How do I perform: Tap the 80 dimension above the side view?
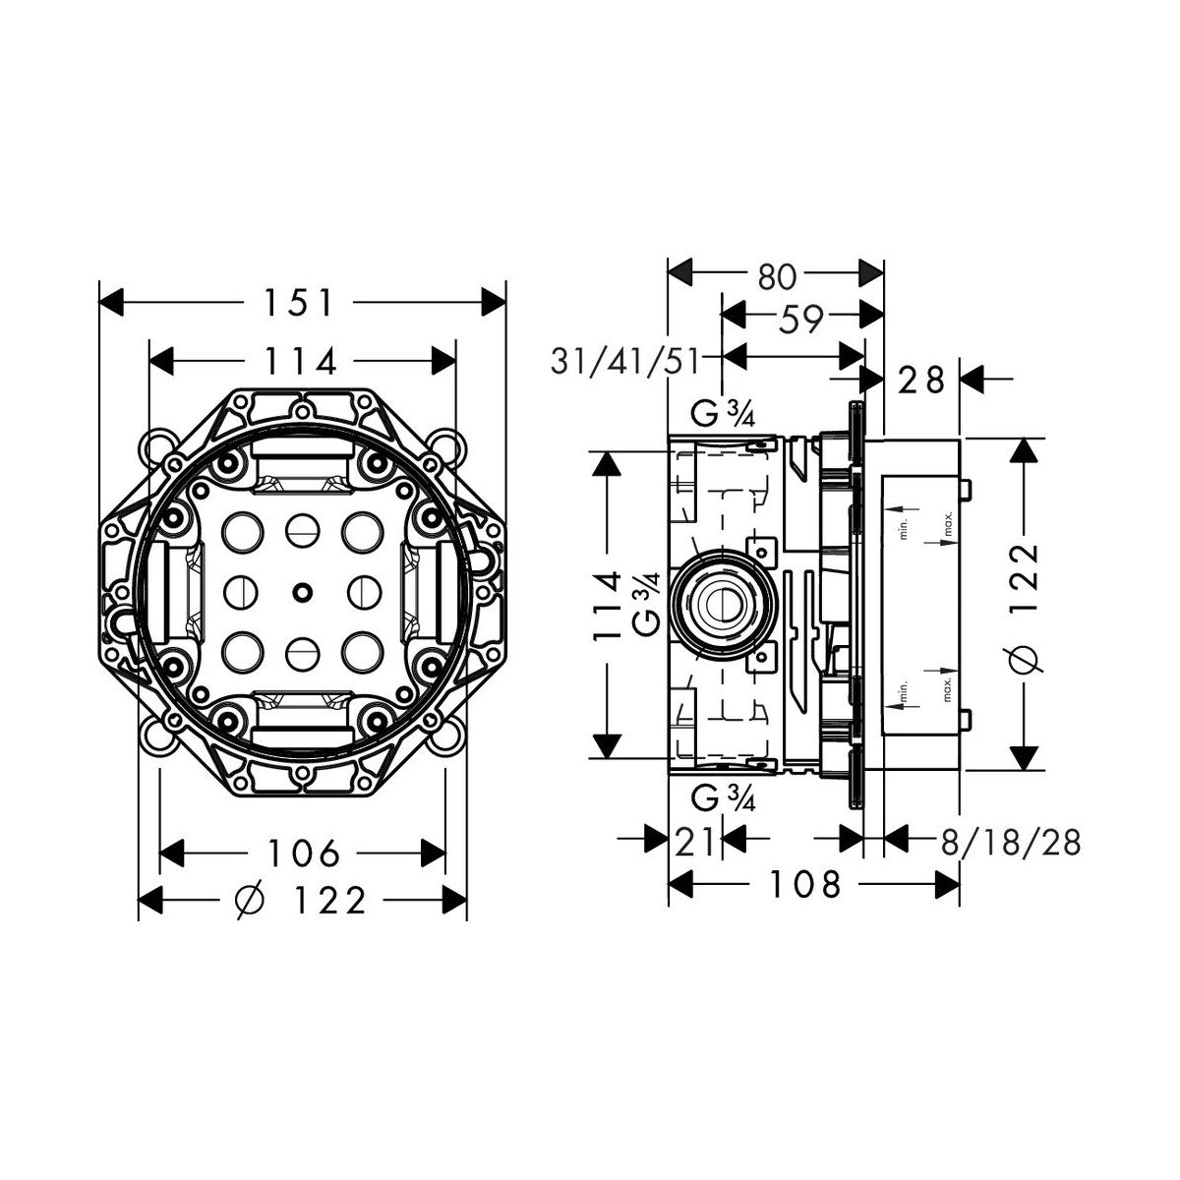click(777, 276)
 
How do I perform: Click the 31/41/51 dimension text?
click(624, 362)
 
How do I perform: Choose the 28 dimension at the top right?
click(921, 379)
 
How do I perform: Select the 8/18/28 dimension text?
click(1011, 843)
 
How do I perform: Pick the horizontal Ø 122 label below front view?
click(302, 899)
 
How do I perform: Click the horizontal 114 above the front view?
click(302, 362)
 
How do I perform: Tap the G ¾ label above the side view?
click(724, 415)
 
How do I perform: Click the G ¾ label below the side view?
click(724, 798)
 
